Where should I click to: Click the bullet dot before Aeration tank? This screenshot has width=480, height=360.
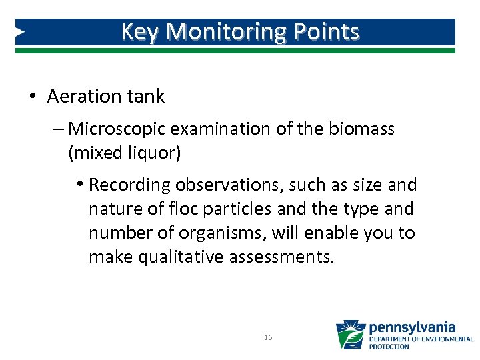[33, 97]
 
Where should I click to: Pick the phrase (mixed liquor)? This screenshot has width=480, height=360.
[124, 153]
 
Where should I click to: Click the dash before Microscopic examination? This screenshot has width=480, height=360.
[60, 128]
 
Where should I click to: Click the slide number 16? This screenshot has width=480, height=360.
[268, 338]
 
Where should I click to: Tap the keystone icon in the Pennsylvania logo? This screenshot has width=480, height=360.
[350, 335]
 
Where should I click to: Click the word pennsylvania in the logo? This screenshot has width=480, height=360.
[412, 327]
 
